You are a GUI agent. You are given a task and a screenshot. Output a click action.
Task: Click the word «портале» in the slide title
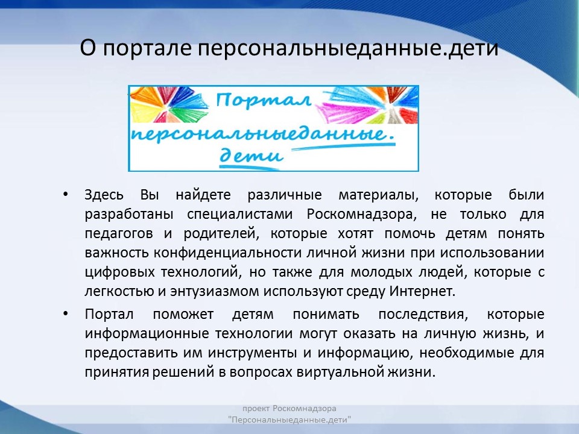(147, 49)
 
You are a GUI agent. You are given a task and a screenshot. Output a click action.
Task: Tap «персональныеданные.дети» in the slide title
(348, 49)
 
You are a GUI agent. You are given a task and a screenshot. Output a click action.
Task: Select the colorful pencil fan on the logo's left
(168, 105)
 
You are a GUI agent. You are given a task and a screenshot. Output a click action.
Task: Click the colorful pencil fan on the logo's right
(369, 105)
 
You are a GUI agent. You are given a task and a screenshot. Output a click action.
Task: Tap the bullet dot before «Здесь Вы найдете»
(66, 194)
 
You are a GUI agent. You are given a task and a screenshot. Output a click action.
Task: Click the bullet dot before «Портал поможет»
(66, 313)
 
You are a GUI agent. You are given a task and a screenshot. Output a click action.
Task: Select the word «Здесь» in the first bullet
(104, 195)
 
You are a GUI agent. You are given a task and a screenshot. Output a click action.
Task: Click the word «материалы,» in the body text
(379, 195)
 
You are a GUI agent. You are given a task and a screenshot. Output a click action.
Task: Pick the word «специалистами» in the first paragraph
(240, 215)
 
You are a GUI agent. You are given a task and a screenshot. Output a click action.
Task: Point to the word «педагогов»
(119, 234)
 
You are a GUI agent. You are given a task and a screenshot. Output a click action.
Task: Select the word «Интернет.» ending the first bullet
(422, 291)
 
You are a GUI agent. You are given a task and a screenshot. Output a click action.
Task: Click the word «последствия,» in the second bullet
(423, 315)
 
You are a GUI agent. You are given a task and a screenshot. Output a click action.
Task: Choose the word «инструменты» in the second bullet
(252, 353)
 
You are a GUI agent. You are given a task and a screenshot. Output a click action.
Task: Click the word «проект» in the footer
(256, 409)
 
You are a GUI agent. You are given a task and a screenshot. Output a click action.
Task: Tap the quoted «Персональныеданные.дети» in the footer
(289, 420)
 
